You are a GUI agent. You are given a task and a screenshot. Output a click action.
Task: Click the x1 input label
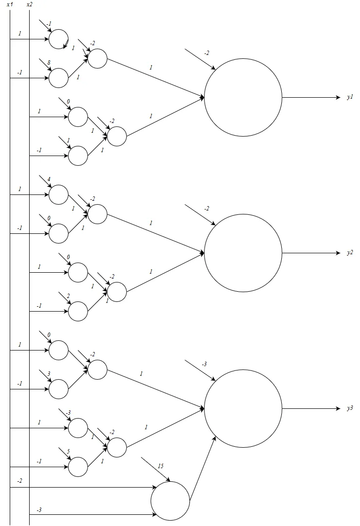[x=9, y=4]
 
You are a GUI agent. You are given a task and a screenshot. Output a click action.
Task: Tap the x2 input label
[x=30, y=4]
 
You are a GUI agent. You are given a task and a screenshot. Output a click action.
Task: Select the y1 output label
[x=350, y=98]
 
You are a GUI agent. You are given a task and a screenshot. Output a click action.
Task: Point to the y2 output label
[x=350, y=253]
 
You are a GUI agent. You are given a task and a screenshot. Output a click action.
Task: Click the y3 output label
[x=350, y=409]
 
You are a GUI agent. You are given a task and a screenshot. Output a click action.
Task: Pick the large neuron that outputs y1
[x=243, y=97]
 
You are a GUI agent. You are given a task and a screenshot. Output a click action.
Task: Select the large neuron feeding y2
[x=243, y=253]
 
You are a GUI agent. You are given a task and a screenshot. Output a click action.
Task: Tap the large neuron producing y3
[x=243, y=408]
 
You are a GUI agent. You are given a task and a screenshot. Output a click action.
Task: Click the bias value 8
[x=49, y=63]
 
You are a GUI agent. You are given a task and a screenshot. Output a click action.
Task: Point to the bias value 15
[x=160, y=466]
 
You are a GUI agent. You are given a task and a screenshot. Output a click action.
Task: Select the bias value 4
[x=49, y=179]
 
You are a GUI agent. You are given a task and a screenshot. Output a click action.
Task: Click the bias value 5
[x=68, y=452]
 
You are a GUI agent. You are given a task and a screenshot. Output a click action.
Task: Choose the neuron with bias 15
[x=170, y=501]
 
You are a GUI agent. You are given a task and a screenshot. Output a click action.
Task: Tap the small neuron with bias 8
[x=58, y=78]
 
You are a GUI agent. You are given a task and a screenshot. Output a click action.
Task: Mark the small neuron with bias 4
[x=58, y=194]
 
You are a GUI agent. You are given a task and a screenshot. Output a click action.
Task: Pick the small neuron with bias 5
[x=78, y=467]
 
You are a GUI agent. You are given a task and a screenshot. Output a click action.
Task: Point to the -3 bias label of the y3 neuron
[x=205, y=364]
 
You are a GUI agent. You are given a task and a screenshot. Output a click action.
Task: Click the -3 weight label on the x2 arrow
[x=39, y=510]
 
